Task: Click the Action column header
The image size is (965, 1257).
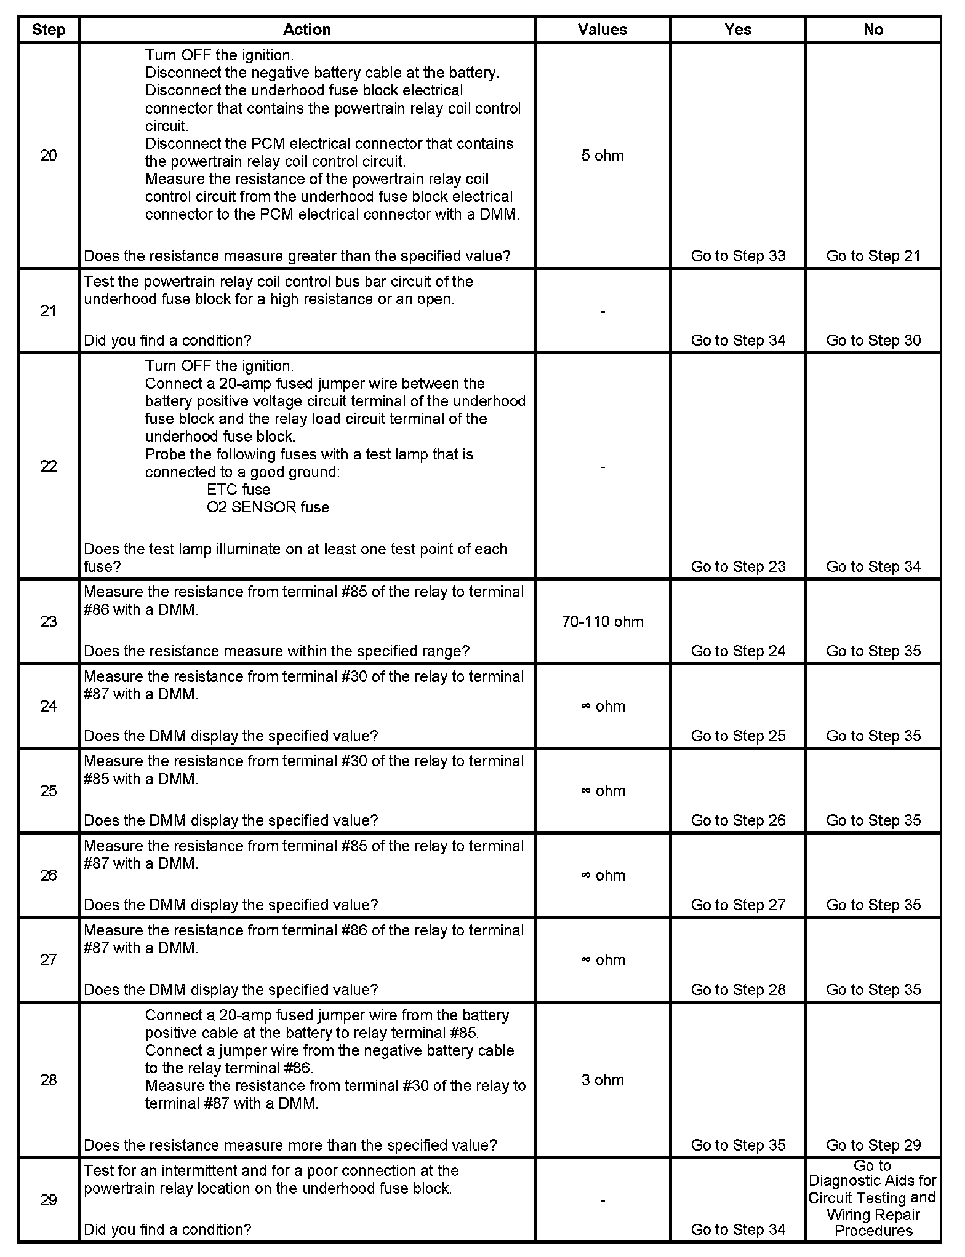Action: [306, 30]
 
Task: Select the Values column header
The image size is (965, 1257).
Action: [602, 30]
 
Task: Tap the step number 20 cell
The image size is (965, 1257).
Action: [49, 156]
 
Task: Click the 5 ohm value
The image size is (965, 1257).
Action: [603, 156]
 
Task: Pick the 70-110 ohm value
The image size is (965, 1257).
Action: [603, 622]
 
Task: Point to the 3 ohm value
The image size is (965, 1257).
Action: [603, 1080]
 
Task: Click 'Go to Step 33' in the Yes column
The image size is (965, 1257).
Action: [738, 256]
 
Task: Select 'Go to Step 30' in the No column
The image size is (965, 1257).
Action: [873, 341]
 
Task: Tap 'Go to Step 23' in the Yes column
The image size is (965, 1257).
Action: [738, 566]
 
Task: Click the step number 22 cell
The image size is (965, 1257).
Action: [49, 466]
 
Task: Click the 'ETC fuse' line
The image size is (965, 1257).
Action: [239, 490]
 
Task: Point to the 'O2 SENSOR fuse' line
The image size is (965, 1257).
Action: [268, 507]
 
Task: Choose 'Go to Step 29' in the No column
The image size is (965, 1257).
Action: [873, 1145]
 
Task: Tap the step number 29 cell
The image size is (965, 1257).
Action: [49, 1200]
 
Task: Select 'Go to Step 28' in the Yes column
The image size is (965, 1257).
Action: [738, 989]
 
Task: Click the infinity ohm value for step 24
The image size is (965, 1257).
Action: [603, 706]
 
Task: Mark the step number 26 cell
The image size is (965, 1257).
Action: [49, 875]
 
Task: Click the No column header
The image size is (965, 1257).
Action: [873, 30]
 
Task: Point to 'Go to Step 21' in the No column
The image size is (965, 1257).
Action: [873, 256]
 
